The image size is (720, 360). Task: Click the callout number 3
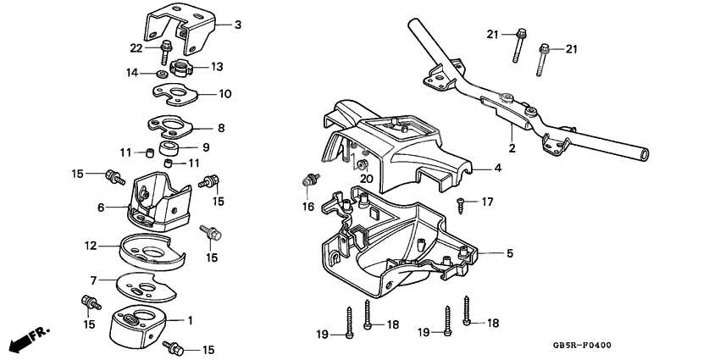pyautogui.click(x=237, y=25)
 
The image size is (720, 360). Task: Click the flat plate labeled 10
pyautogui.click(x=174, y=93)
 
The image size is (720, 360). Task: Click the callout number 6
pyautogui.click(x=101, y=208)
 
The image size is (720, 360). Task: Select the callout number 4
pyautogui.click(x=498, y=169)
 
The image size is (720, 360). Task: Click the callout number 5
pyautogui.click(x=509, y=253)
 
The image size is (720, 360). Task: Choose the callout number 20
pyautogui.click(x=367, y=179)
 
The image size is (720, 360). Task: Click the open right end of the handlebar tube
pyautogui.click(x=646, y=156)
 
